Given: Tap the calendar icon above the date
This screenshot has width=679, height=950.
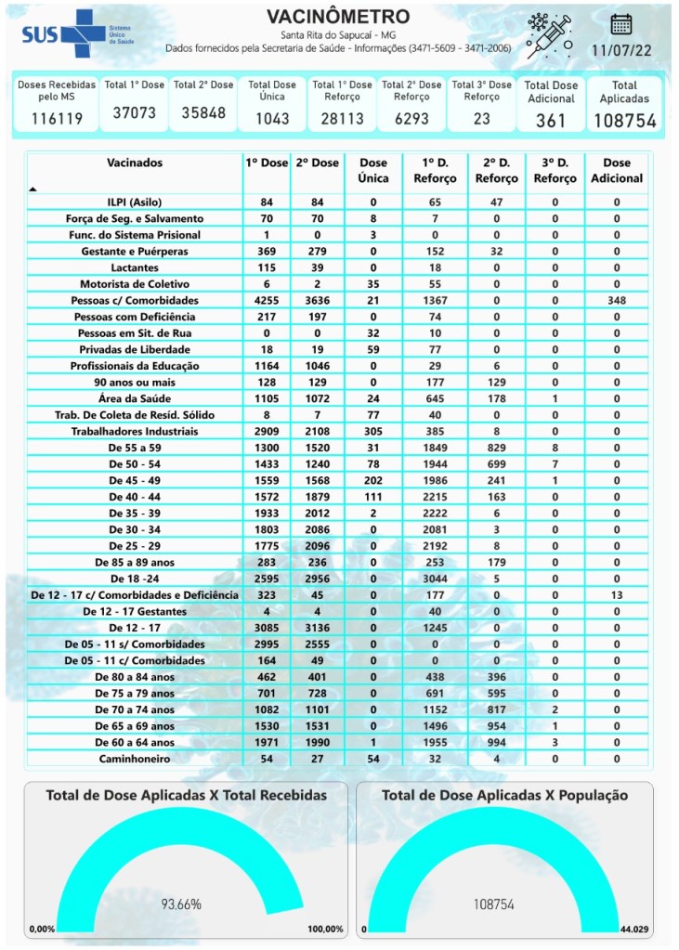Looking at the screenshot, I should coord(621,24).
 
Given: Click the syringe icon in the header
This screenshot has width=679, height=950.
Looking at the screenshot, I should coord(548,34).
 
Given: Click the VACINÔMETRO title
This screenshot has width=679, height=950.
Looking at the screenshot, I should coord(338,17).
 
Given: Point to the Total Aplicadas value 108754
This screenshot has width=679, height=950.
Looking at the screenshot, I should coord(624,121).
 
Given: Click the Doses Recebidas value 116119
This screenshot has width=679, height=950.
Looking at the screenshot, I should coord(58,118).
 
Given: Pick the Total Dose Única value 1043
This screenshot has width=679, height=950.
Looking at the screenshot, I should coord(272,119).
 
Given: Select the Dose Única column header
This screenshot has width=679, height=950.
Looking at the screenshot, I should coord(373,170).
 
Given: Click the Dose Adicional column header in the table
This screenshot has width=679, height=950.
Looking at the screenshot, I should coord(617,170).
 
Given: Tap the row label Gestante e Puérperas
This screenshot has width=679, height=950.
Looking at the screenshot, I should coord(135,252).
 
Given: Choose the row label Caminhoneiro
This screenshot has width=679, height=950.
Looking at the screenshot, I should coord(135,759).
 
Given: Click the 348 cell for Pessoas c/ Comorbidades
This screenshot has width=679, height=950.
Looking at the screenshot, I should coord(617,300).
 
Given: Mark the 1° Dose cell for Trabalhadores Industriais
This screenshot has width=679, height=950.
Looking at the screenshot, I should coord(266,431).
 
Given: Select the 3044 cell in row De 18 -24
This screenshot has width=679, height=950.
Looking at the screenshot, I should coord(434,579).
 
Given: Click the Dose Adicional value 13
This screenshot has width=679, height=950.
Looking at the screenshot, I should coord(617,594).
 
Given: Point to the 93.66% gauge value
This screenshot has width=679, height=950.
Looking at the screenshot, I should coord(182,904).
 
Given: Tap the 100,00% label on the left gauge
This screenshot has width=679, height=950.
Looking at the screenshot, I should coord(325,929).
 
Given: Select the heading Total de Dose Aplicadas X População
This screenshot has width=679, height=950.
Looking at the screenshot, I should coord(504,796).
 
